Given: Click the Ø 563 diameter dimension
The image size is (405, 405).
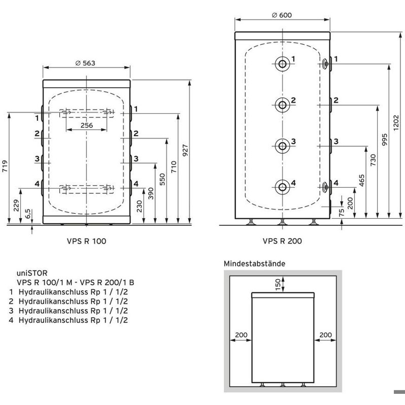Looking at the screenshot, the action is (x=85, y=63).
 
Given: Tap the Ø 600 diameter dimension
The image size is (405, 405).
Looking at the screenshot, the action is (x=282, y=15).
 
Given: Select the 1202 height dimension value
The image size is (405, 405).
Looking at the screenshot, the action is (x=396, y=123).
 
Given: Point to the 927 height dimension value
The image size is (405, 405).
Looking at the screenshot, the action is (x=185, y=150).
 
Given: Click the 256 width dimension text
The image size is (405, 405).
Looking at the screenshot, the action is (x=86, y=125).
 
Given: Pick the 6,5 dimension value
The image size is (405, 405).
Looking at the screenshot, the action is (x=28, y=214).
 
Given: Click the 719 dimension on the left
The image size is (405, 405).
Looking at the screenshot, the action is (x=5, y=166).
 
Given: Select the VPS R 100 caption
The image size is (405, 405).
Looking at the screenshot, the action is (x=86, y=241).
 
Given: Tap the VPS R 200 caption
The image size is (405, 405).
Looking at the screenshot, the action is (x=282, y=241).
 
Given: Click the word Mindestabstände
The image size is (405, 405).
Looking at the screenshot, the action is (x=254, y=263).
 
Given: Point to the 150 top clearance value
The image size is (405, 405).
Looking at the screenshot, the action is (x=278, y=284).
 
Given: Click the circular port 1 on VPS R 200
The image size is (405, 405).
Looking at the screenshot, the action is (x=282, y=63).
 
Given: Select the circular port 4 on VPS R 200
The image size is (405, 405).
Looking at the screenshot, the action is (x=282, y=187).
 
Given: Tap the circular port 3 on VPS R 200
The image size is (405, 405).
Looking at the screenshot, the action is (x=282, y=146).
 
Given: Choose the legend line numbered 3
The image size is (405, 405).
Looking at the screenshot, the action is (x=69, y=311).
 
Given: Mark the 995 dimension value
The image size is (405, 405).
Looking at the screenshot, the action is (x=385, y=140).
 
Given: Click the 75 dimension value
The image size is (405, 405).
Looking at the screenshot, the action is (x=342, y=212).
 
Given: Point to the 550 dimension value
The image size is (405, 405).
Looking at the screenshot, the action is (x=162, y=179).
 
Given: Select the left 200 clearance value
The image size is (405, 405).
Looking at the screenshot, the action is (x=241, y=335).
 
